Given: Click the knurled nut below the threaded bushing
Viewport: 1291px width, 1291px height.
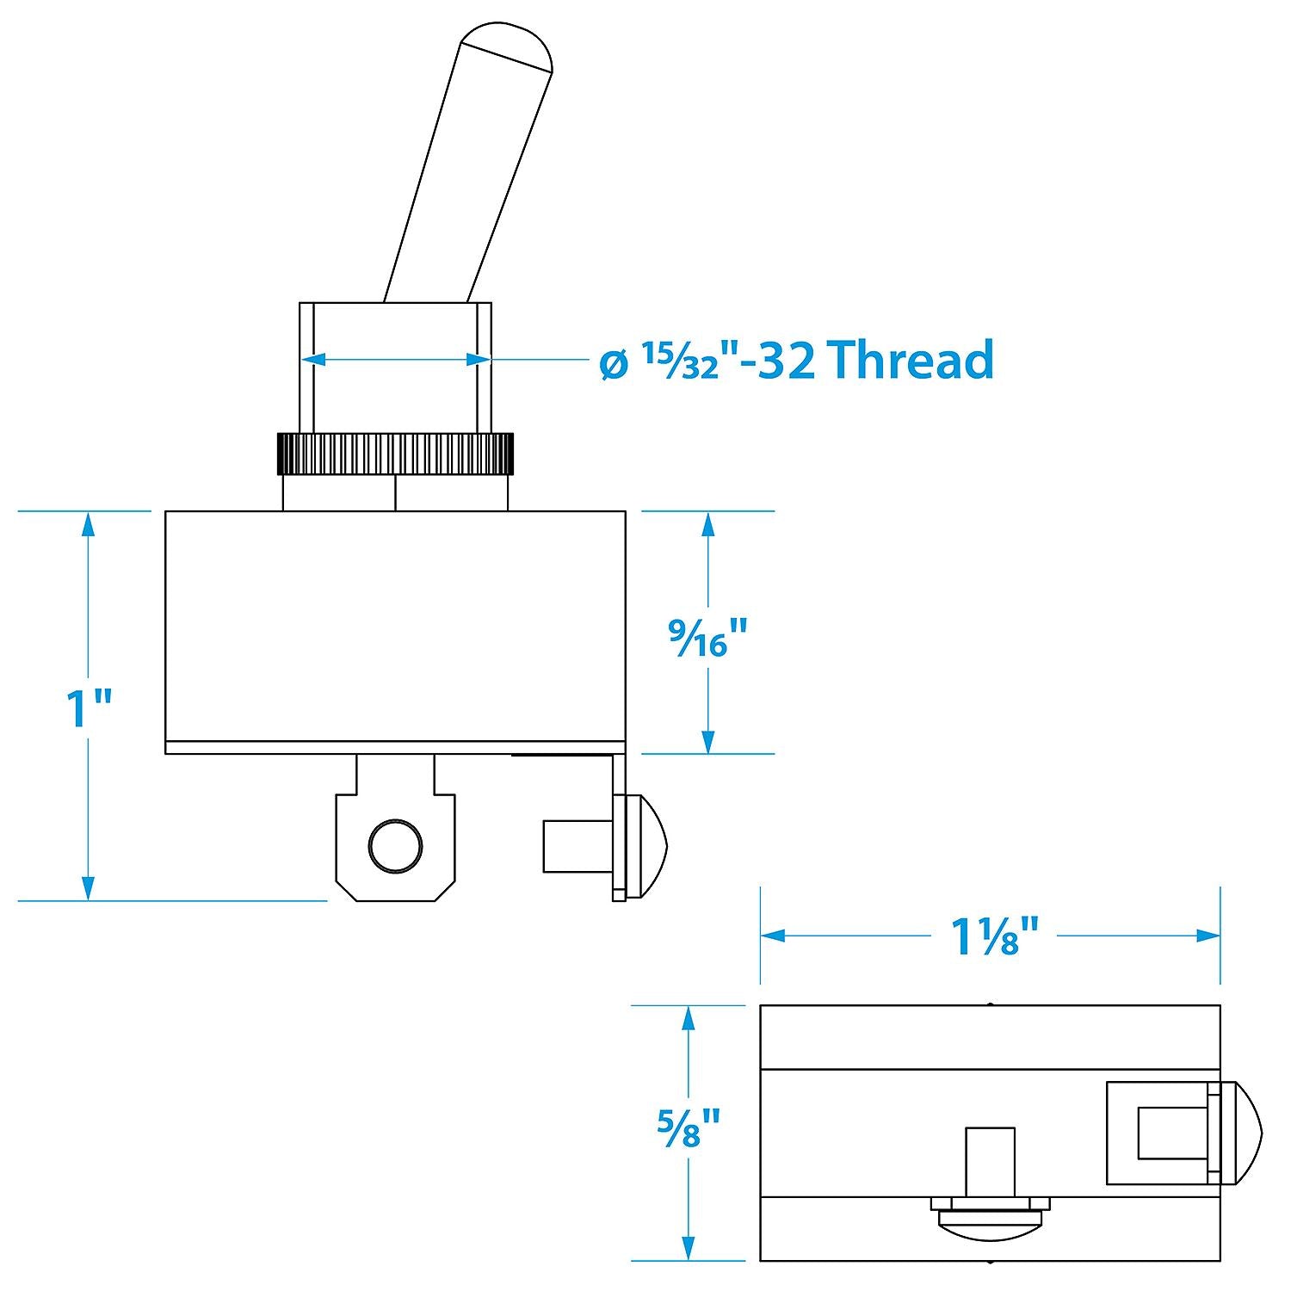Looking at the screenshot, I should tap(395, 454).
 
